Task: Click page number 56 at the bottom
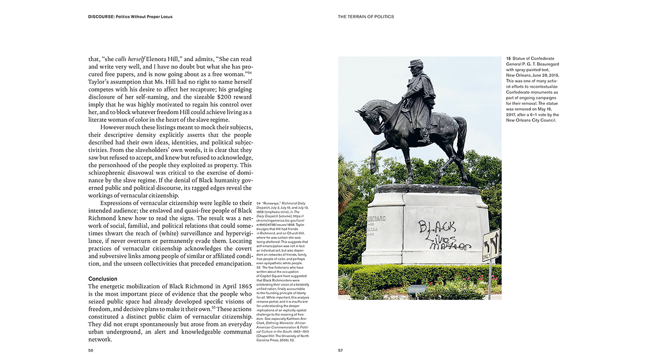pos(91,350)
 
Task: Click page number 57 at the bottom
pos(340,350)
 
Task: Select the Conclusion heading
pos(102,279)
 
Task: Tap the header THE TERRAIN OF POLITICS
pos(366,17)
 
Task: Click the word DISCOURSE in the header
pos(101,17)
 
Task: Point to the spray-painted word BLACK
pos(437,226)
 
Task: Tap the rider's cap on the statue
pos(416,63)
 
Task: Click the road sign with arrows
pos(491,245)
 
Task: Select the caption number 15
pos(508,59)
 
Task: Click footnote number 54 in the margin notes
pos(259,202)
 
